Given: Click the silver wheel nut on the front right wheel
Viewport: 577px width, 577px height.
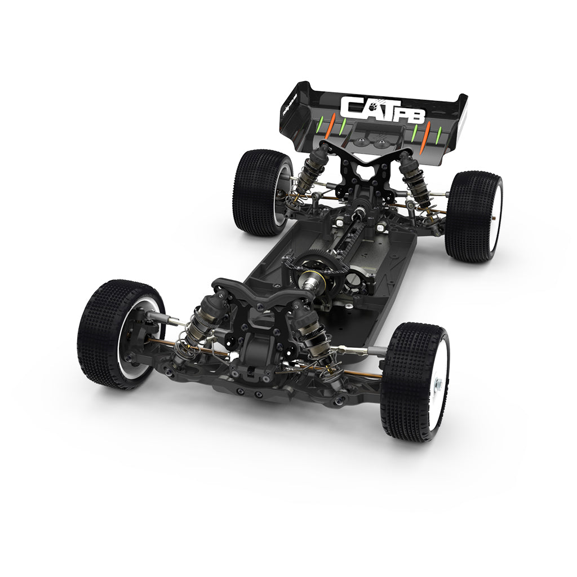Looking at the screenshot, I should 437,385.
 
